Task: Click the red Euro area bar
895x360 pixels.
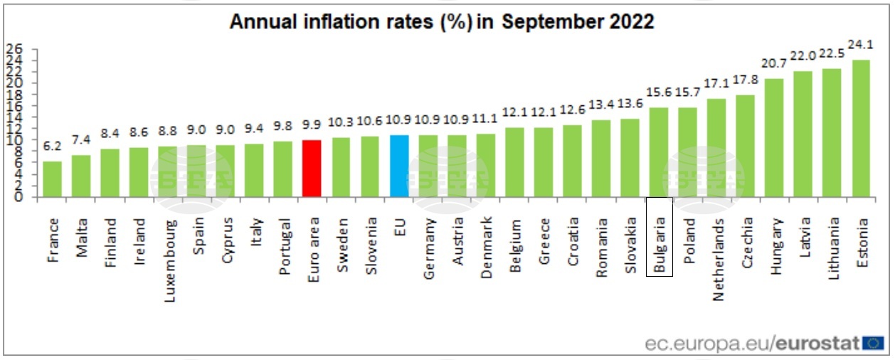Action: (x=312, y=169)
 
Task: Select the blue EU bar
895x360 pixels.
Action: (x=399, y=166)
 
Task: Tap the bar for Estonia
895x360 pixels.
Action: (x=861, y=128)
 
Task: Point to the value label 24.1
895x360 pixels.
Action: (x=861, y=45)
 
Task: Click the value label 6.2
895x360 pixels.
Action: (x=52, y=147)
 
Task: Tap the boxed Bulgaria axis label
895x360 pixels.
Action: (x=660, y=238)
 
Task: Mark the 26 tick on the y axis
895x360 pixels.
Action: (x=15, y=49)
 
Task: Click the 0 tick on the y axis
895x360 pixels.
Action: (x=18, y=197)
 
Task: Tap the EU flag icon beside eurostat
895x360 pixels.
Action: (x=873, y=343)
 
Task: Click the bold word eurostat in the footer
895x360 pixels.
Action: (x=818, y=343)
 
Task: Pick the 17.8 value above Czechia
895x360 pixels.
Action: (x=746, y=81)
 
